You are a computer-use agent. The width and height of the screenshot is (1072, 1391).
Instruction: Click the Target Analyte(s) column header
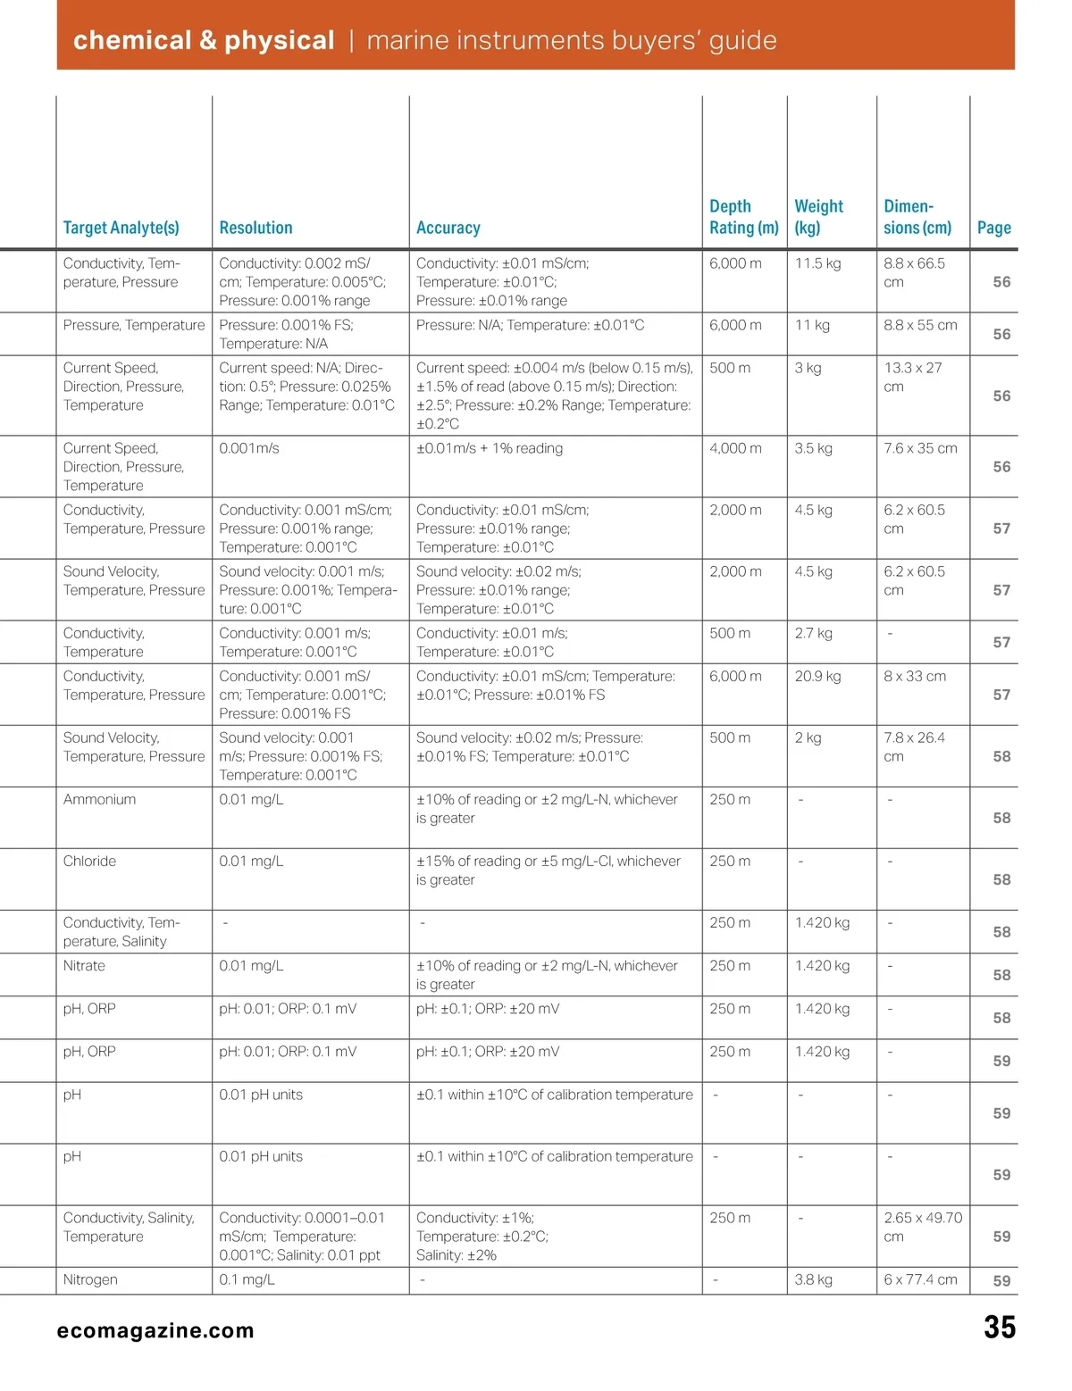coord(121,228)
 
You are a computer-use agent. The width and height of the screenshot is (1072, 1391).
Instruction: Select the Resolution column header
coord(255,228)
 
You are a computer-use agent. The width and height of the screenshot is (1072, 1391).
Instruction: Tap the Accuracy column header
coord(448,228)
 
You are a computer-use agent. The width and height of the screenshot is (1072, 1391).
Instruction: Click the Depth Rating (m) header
coord(743,217)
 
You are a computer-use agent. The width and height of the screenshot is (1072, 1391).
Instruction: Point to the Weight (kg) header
coord(818,217)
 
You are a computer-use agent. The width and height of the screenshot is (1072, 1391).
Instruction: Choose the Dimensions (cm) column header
coord(917,217)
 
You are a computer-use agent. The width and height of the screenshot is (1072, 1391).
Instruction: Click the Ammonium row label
coord(99,799)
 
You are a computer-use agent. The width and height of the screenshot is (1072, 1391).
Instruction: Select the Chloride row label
coord(89,861)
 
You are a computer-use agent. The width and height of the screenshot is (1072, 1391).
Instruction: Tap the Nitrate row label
coord(84,965)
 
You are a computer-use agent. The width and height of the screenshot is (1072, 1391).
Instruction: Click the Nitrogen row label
coord(90,1279)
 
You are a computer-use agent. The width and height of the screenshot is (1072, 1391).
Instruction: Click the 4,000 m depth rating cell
coord(735,448)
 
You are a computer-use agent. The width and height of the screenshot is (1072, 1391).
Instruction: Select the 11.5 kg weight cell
coord(817,263)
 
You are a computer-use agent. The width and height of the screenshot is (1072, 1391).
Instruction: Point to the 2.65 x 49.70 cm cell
coord(922,1227)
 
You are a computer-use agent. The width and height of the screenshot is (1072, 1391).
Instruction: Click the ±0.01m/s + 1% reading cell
coord(490,448)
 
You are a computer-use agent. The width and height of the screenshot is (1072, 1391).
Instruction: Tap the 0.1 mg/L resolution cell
coord(247,1279)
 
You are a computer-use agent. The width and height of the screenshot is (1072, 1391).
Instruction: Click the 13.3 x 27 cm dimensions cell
coord(912,377)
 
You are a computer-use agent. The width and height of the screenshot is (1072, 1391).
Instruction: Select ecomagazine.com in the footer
coord(155,1330)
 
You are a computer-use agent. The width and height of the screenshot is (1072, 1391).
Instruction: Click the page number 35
coord(999,1328)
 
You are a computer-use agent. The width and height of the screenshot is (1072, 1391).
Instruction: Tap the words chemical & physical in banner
coord(204,40)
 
